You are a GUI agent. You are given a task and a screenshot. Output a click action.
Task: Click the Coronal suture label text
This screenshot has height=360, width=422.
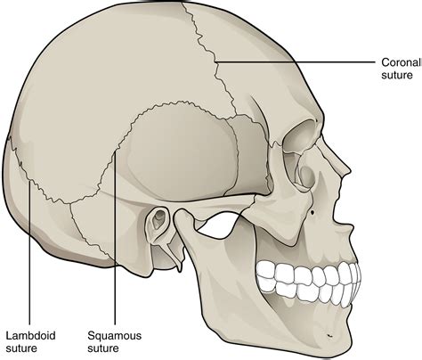tap(402, 69)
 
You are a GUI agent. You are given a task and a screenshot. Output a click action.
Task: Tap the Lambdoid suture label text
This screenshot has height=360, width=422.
tap(30, 342)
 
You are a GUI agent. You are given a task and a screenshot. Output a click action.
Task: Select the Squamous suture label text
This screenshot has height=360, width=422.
tap(114, 342)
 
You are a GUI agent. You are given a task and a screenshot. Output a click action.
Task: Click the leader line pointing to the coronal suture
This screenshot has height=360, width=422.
tap(295, 62)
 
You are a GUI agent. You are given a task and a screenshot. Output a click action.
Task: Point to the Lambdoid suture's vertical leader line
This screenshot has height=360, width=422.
tap(29, 253)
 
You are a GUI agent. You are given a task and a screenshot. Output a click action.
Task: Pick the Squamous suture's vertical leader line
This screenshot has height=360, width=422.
tap(115, 238)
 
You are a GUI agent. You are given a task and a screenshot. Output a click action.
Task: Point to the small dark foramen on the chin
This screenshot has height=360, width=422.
tap(329, 336)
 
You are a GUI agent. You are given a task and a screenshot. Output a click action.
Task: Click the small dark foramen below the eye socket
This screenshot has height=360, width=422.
tap(312, 212)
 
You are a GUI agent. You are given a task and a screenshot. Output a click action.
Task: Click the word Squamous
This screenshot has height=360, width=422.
tap(114, 336)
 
